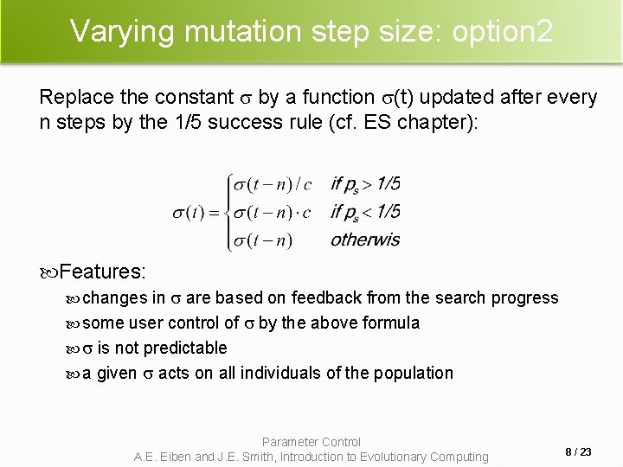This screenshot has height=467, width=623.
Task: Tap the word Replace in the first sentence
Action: tap(75, 97)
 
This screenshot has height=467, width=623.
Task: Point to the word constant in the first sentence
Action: tap(196, 97)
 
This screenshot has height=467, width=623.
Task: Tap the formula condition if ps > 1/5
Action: tap(365, 184)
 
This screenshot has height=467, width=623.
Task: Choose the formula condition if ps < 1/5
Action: tap(365, 212)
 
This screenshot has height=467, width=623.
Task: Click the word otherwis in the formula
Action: tap(365, 240)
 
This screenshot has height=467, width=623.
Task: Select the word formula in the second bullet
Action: tap(391, 323)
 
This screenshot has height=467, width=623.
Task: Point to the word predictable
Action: tap(185, 349)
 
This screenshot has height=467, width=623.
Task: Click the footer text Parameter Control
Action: tap(311, 442)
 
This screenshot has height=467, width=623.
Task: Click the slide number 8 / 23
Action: tap(578, 451)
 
